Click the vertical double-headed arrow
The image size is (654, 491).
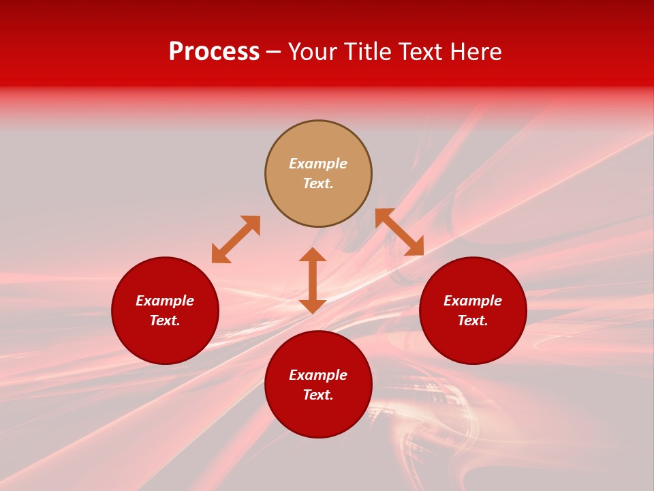point(313,280)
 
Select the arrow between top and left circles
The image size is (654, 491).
point(236,239)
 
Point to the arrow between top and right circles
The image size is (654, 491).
point(399,232)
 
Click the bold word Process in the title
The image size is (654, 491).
point(214,52)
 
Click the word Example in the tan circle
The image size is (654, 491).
point(318,164)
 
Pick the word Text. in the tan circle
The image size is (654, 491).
point(318,183)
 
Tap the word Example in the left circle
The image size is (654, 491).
point(165,301)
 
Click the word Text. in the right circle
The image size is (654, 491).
point(473,321)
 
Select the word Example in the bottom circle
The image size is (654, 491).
point(318,375)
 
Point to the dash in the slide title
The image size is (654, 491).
point(274,53)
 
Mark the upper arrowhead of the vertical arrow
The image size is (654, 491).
point(313,254)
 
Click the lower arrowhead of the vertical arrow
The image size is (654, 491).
point(313,306)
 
